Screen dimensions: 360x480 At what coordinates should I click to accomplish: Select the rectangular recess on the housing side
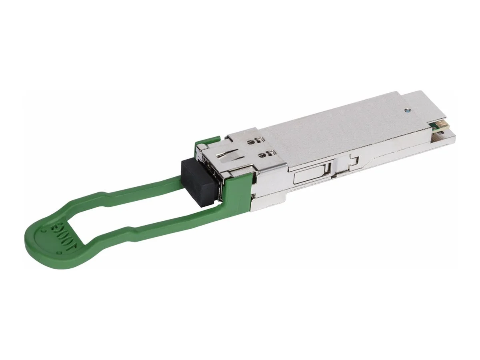click(x=312, y=174)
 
